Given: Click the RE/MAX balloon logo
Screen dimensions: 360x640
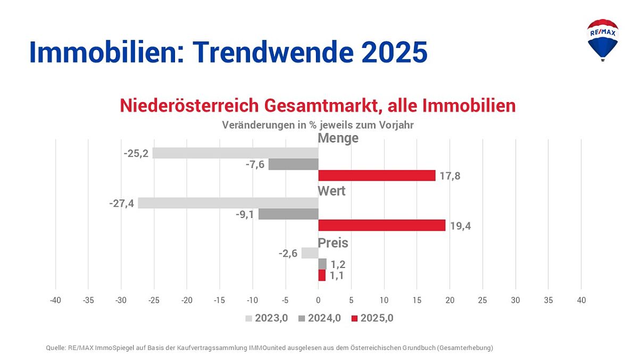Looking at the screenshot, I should click(x=602, y=39).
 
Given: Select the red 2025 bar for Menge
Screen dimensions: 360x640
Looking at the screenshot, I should click(x=377, y=175).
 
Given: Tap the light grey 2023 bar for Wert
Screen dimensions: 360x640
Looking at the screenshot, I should click(x=228, y=203).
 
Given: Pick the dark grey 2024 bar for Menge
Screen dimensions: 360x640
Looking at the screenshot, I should click(x=293, y=164).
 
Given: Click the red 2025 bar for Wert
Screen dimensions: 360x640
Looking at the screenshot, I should click(x=381, y=225).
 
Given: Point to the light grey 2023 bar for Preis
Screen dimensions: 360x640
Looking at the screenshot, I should click(x=310, y=253).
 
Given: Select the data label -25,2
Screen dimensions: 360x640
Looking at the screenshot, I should click(x=136, y=154).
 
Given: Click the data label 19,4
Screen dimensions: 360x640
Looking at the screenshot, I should click(x=460, y=226).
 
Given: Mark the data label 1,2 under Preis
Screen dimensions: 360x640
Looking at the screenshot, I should click(x=338, y=264).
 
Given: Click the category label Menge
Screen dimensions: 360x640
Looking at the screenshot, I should click(x=338, y=138).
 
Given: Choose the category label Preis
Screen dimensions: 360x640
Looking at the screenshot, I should click(x=333, y=243).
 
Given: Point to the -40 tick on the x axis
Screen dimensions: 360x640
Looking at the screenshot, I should click(x=55, y=300).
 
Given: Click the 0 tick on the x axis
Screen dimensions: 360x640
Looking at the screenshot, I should click(x=318, y=300).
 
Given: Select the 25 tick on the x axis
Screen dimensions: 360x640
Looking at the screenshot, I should click(x=483, y=300).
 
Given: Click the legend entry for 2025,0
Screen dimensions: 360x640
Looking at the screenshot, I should click(x=372, y=319).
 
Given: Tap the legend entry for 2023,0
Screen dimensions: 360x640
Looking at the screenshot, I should click(x=267, y=319).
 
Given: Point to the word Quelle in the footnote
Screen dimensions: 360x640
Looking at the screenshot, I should click(x=56, y=348).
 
